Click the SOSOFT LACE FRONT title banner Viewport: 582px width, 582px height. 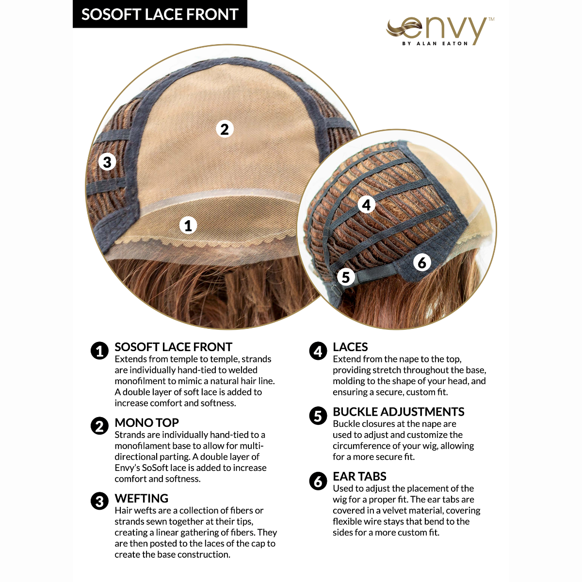[160, 14]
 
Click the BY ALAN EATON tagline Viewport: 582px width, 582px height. [435, 44]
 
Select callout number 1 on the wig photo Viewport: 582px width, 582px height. [188, 225]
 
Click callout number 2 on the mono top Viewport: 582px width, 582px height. [224, 129]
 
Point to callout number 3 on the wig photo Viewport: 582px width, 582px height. [107, 162]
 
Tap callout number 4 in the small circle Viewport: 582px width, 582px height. [366, 205]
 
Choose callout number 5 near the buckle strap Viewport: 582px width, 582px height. [346, 277]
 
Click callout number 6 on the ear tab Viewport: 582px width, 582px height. [422, 262]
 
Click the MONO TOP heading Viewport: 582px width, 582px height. [146, 422]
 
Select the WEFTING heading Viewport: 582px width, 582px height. [141, 498]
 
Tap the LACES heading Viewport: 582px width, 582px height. [350, 347]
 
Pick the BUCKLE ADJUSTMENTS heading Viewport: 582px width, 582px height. [398, 412]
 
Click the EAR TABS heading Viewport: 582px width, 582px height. [359, 476]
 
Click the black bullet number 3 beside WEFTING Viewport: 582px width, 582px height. [99, 501]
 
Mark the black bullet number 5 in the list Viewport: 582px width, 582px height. [318, 415]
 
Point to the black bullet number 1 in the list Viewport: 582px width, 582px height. [99, 350]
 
